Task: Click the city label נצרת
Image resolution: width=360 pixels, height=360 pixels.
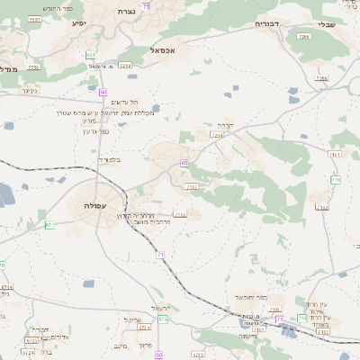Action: click(x=123, y=11)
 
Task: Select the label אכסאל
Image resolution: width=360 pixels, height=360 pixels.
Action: click(x=170, y=51)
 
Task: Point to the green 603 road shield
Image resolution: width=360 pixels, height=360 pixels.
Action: click(x=91, y=54)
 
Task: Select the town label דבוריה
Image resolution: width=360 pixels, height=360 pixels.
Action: click(x=267, y=24)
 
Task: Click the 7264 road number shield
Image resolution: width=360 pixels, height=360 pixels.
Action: click(x=216, y=135)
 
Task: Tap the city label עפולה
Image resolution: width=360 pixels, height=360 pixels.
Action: click(x=94, y=206)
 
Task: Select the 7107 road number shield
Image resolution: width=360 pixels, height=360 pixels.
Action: click(x=191, y=186)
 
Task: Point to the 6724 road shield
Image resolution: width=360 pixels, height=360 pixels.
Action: click(x=30, y=340)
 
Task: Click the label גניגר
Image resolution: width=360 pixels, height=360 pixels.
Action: click(x=27, y=90)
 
